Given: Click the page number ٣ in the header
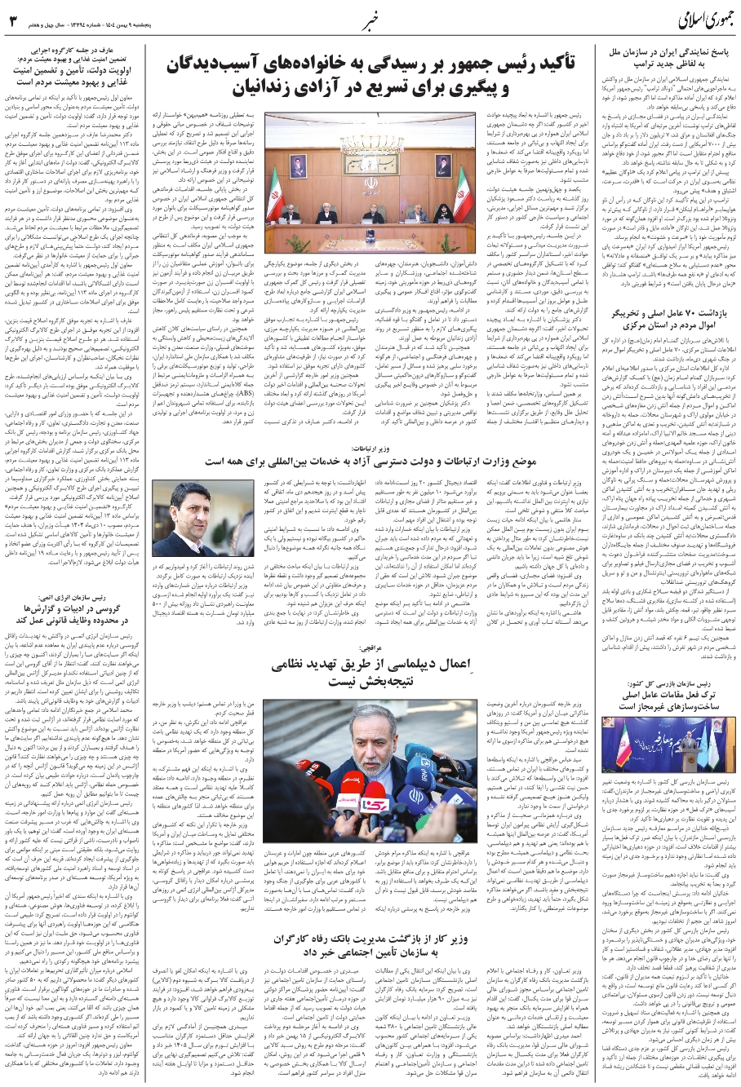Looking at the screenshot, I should (x=14, y=20).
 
